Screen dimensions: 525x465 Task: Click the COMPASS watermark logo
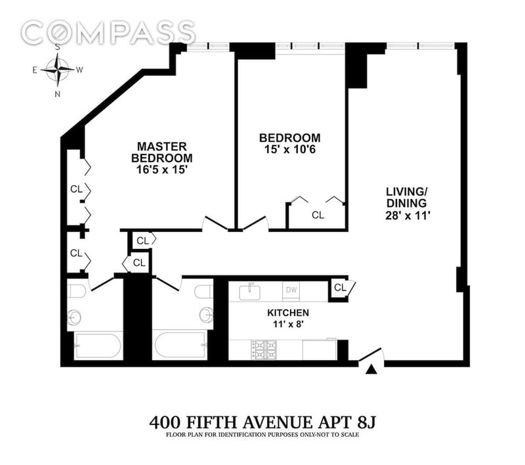coord(108,33)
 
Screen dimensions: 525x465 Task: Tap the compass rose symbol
coord(58,70)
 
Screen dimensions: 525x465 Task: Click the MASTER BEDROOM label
coord(162,152)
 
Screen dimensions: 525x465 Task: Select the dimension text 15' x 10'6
coord(290,149)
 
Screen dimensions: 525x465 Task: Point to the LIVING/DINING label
coord(406,197)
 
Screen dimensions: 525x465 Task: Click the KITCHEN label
coord(288,313)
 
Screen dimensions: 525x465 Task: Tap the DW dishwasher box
coord(291,290)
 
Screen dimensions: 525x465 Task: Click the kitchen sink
coord(250,292)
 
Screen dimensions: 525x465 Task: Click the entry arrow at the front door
coord(371,369)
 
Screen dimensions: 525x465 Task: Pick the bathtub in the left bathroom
coord(98,345)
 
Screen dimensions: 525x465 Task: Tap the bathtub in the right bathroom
coord(179,345)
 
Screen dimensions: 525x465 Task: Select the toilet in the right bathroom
coord(203,292)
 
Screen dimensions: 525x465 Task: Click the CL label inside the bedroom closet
coord(318,215)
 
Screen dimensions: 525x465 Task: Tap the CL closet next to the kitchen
coord(341,288)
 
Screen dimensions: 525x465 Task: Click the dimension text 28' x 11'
coord(408,215)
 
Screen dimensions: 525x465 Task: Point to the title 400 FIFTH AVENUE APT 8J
coord(262,422)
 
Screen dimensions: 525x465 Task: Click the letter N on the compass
coord(58,94)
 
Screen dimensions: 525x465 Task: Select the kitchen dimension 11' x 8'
coord(287,324)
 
